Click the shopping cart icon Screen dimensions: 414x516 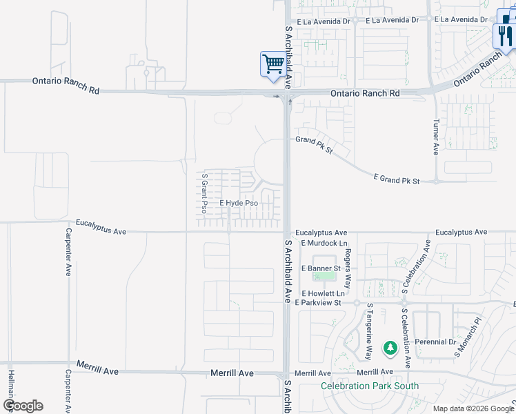click(x=274, y=64)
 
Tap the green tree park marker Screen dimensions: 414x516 click(x=390, y=348)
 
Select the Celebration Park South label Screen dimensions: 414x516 click(x=370, y=386)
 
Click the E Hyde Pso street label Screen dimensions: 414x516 click(x=239, y=204)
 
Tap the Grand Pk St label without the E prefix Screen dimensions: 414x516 click(x=315, y=144)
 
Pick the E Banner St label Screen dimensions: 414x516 click(x=321, y=268)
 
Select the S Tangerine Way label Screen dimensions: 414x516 click(x=370, y=331)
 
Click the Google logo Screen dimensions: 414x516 click(x=23, y=406)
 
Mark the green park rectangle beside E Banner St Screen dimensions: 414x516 click(x=322, y=276)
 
